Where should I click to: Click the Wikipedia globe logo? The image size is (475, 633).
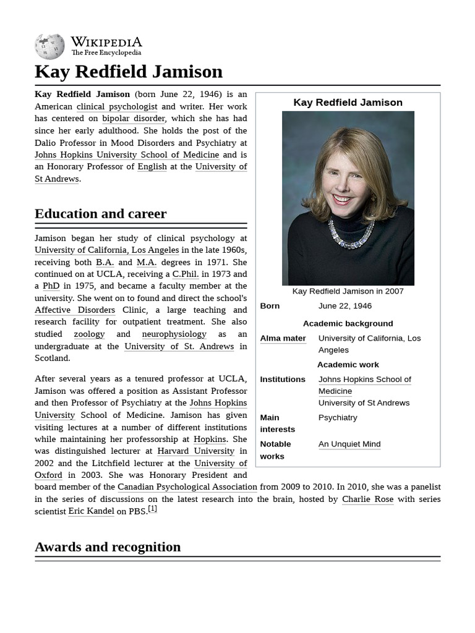(x=49, y=46)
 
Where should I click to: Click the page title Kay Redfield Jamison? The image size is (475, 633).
(x=129, y=71)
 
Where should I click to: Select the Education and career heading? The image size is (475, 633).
(x=100, y=214)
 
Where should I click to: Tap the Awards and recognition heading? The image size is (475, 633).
(x=108, y=547)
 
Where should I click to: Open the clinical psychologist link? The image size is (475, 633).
(x=117, y=106)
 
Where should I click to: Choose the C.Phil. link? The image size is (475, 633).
(x=185, y=274)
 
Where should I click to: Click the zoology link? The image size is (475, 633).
(x=89, y=334)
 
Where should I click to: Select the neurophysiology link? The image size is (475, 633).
(x=174, y=334)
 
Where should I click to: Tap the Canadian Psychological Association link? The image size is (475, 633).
(x=187, y=487)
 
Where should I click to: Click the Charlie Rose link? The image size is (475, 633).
(x=367, y=499)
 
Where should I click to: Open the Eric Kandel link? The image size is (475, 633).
(x=91, y=511)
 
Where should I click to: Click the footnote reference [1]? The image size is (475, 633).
(x=152, y=509)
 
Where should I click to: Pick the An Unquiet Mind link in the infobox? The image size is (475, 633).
(x=349, y=444)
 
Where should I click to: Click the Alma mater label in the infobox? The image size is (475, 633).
(x=283, y=338)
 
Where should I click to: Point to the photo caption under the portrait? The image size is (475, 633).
(x=348, y=291)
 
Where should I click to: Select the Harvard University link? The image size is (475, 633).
(x=196, y=451)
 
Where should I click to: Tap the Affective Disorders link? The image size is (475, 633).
(x=75, y=310)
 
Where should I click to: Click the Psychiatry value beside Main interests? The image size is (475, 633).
(x=338, y=417)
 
